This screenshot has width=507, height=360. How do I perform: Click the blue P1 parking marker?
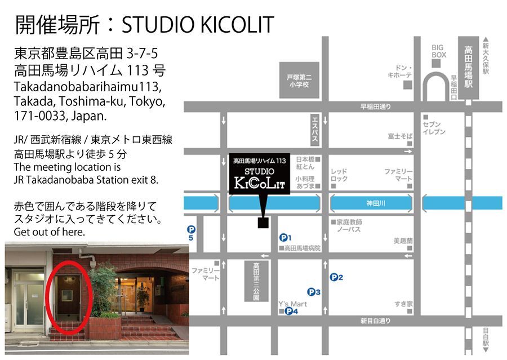tap(284, 238)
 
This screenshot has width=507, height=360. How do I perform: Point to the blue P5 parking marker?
tap(192, 230)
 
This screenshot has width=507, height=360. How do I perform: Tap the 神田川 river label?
tap(372, 203)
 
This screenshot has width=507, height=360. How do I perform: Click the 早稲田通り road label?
tap(376, 106)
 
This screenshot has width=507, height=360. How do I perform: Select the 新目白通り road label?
tap(376, 321)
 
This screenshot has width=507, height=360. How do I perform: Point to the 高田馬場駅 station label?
tap(468, 66)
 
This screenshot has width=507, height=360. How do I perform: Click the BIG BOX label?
tap(439, 51)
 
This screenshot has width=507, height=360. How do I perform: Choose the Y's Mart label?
tap(292, 303)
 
